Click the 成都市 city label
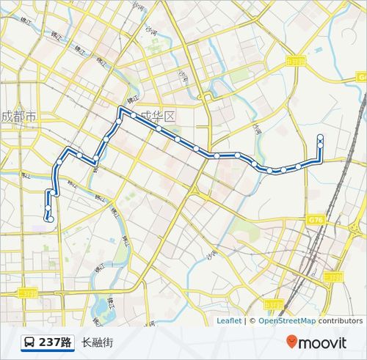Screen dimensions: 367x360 18,116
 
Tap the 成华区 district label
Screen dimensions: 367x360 159,117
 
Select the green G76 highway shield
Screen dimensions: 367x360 316,219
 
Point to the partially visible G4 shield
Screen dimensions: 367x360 362,77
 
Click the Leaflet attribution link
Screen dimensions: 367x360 229,320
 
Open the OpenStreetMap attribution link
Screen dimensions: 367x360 287,320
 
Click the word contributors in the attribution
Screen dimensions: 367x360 341,320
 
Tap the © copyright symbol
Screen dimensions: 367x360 252,320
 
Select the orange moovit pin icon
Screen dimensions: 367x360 292,342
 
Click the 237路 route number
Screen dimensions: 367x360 55,342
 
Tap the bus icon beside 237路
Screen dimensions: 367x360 29,342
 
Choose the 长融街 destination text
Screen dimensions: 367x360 98,342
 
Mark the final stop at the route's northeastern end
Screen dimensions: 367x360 320,137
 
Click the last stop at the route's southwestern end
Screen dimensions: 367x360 50,218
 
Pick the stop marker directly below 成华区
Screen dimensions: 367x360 159,128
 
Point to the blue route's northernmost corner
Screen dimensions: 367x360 120,109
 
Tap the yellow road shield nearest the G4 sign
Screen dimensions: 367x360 296,61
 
